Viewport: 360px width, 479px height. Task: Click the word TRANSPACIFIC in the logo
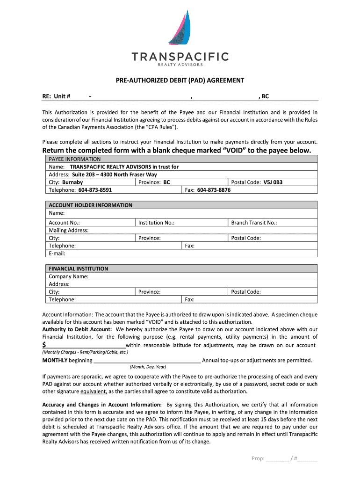click(180, 57)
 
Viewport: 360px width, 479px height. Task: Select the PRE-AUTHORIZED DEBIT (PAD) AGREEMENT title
click(180, 80)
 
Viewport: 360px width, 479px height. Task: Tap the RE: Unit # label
click(56, 96)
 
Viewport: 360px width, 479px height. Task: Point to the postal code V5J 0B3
click(273, 182)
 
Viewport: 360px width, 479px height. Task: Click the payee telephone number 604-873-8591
click(95, 190)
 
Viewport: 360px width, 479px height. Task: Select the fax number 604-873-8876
click(214, 190)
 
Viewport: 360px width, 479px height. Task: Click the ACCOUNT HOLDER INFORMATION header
click(90, 205)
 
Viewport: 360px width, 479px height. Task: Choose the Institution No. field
click(156, 223)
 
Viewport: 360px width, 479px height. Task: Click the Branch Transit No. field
click(254, 223)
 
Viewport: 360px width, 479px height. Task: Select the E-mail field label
click(57, 254)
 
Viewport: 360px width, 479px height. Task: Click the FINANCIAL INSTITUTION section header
click(78, 269)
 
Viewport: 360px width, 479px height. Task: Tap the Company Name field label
click(69, 276)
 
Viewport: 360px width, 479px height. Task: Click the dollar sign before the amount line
click(44, 345)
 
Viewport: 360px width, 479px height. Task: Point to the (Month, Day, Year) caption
click(148, 367)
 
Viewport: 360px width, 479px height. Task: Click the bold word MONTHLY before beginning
click(55, 360)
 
